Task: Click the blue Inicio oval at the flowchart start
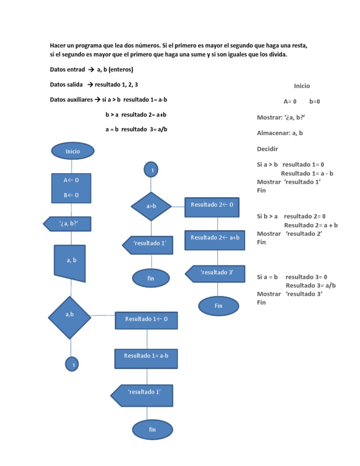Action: pos(73,151)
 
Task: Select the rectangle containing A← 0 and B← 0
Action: pos(71,188)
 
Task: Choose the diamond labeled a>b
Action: pos(151,206)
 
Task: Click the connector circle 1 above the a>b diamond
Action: pos(151,170)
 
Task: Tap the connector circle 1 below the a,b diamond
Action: pos(71,364)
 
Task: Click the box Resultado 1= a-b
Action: pos(146,356)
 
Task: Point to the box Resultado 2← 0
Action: pos(215,205)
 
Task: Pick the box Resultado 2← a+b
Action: pos(215,238)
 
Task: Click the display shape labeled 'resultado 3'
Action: pos(216,273)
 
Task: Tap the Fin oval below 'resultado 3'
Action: pos(218,306)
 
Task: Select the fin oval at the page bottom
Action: pos(152,430)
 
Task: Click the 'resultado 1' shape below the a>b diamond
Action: pos(148,244)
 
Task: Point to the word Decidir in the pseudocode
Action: pos(268,150)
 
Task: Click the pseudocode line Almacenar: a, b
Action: pos(280,133)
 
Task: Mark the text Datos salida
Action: pos(66,84)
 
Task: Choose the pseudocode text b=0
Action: pos(315,101)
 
